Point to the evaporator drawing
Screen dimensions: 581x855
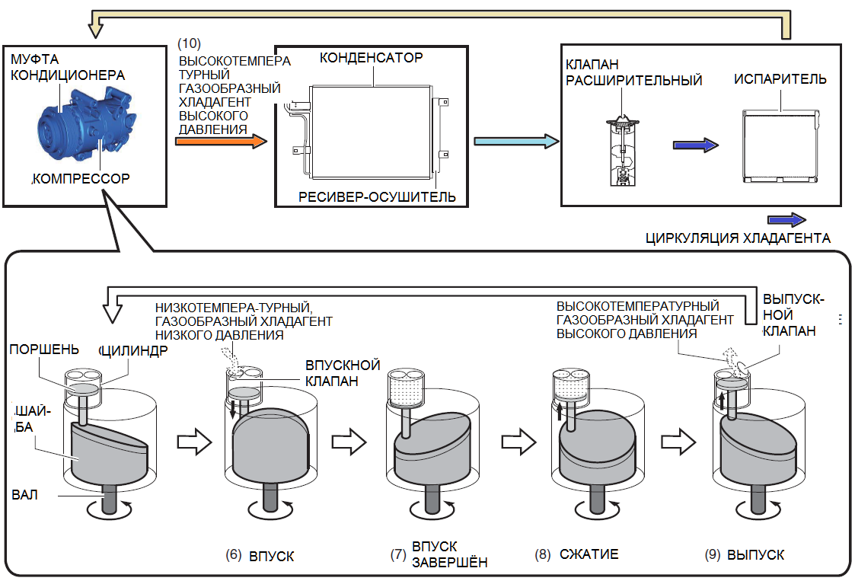click(780, 147)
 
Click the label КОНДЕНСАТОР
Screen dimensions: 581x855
click(371, 58)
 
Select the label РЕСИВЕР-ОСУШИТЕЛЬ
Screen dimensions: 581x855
click(377, 197)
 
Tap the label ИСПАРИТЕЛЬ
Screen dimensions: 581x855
click(780, 79)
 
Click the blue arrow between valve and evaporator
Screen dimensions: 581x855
click(696, 145)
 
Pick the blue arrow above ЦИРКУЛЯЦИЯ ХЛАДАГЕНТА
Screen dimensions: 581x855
click(785, 219)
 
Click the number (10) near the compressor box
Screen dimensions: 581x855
click(188, 43)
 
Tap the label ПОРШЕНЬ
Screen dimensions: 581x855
click(44, 350)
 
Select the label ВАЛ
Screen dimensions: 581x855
click(25, 494)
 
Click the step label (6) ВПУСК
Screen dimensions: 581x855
click(260, 556)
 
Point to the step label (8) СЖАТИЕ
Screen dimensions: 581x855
click(576, 554)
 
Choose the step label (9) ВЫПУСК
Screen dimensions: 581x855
click(744, 555)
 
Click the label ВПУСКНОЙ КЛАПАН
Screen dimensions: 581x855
click(343, 373)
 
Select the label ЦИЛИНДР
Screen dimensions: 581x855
click(136, 350)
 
